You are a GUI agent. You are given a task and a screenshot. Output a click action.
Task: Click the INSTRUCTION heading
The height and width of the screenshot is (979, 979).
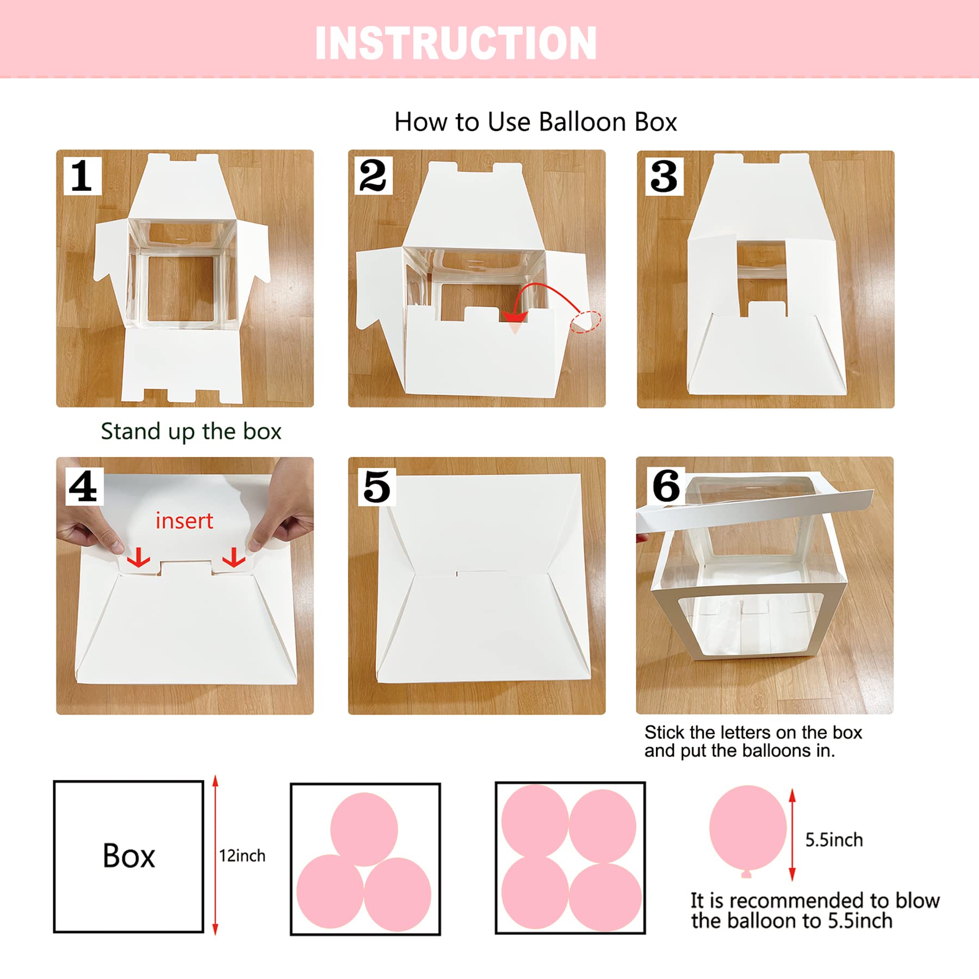point(456,43)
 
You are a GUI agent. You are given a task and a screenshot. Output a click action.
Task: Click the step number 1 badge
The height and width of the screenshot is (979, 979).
point(83,176)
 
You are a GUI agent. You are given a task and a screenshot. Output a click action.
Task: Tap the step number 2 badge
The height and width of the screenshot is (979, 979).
point(373,176)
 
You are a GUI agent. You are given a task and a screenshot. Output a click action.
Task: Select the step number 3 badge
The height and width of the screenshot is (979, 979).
point(664,176)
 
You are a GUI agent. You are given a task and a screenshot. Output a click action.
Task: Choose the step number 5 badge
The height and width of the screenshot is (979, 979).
point(377,487)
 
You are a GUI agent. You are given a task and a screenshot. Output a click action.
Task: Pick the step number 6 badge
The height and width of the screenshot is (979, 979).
point(666,486)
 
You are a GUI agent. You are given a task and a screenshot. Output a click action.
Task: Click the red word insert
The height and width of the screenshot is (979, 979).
point(184,521)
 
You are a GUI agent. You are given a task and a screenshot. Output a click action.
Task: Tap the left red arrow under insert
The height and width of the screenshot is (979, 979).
point(139,557)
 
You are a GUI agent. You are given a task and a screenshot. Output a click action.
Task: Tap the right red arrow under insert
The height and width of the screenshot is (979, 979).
point(234,557)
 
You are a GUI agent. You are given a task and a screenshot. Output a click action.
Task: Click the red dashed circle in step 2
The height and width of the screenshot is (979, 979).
point(585,321)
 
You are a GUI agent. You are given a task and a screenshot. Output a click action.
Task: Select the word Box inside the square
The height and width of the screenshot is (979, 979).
point(129,856)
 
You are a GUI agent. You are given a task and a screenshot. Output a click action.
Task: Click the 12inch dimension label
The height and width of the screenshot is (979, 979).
point(242,856)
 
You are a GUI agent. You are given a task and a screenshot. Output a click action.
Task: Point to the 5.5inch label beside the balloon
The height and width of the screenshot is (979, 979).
point(834,840)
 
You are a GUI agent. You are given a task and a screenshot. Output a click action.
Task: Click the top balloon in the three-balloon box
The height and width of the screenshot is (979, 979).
point(364,829)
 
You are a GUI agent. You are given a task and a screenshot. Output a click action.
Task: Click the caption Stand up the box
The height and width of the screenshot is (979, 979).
point(191,431)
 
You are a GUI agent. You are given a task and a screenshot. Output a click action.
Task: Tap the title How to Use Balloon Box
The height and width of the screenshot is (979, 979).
point(536,122)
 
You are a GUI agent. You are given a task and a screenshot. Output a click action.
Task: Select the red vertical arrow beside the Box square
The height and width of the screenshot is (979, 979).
point(215,856)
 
